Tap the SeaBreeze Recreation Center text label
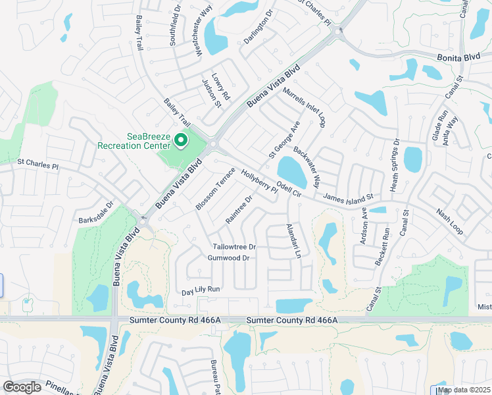coord(134,141)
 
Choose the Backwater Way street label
coord(307,168)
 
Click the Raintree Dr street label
coord(239,208)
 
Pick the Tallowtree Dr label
coord(234,247)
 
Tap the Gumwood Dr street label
coord(228,258)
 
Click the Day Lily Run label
coord(201,289)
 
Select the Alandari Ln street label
coord(294,240)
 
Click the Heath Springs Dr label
coord(395,163)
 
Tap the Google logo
coord(22,387)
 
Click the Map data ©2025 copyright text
coord(464,390)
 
